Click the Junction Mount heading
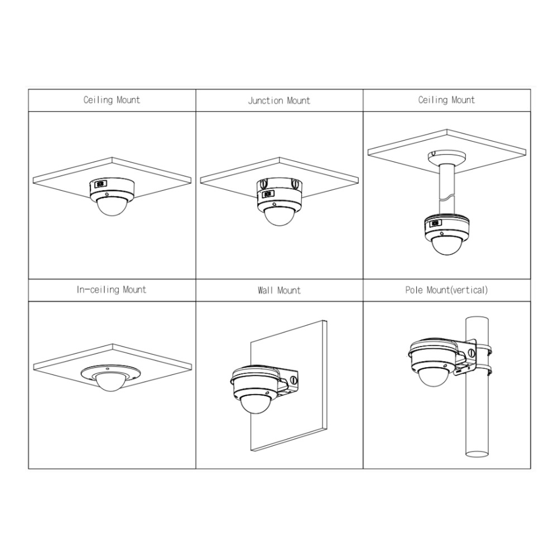tap(279, 100)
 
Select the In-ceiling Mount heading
tap(112, 290)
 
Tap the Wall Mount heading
tap(279, 290)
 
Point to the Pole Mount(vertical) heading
tap(446, 290)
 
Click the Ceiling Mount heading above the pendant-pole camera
tap(446, 100)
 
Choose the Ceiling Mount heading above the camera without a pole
tap(112, 100)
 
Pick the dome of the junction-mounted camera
tap(280, 215)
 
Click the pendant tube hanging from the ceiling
tap(446, 188)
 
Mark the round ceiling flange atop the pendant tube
tap(446, 157)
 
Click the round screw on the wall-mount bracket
tap(294, 379)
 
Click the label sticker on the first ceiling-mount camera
tap(100, 184)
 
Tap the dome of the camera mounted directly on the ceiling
tap(112, 207)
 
